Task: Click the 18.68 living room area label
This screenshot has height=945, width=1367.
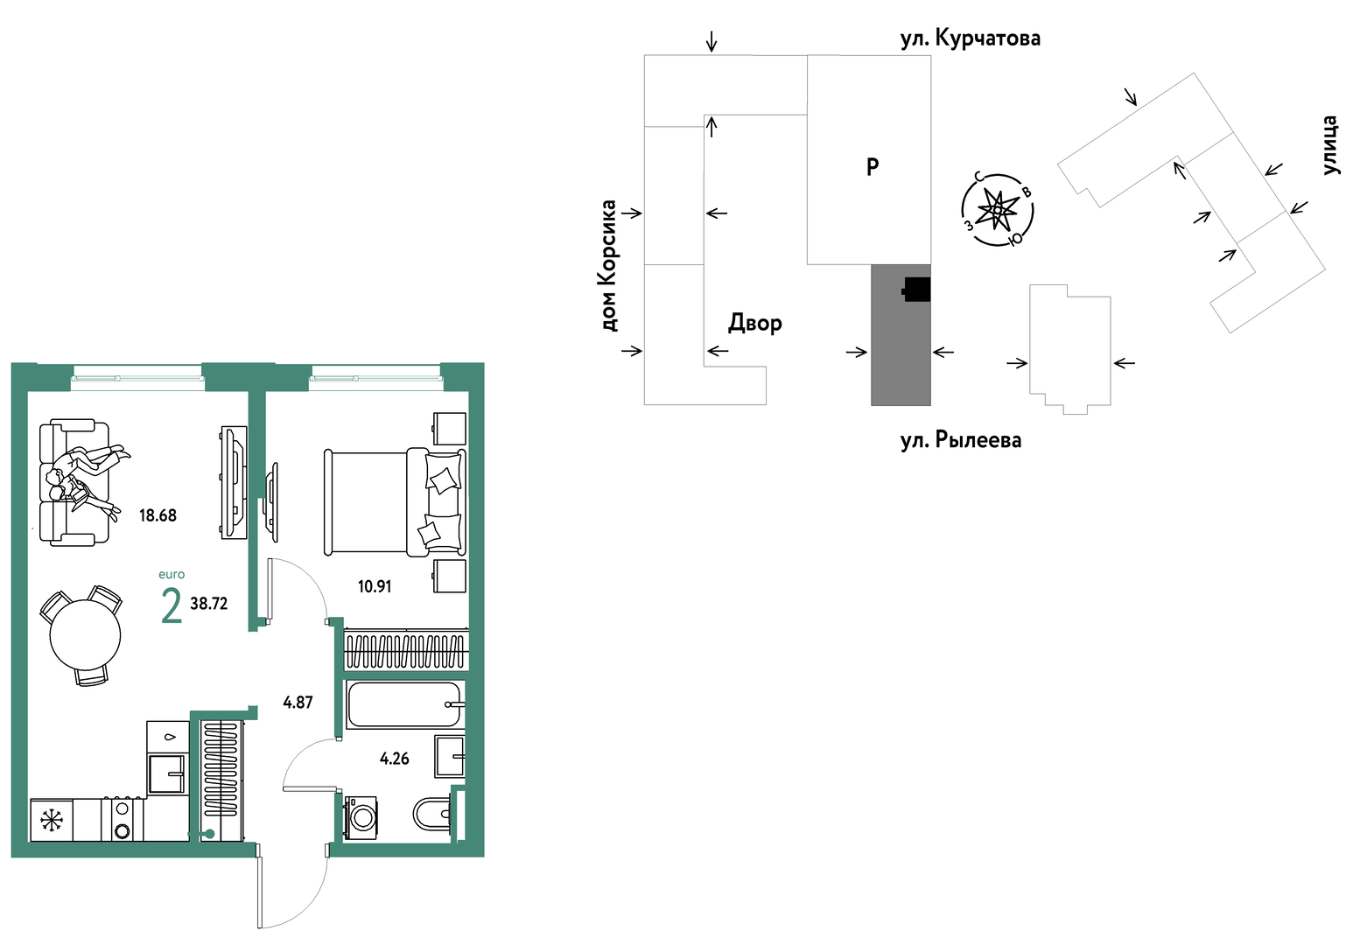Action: tap(158, 515)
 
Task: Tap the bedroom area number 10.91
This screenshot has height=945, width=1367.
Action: tap(375, 586)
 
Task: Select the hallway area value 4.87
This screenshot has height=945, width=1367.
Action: tap(298, 702)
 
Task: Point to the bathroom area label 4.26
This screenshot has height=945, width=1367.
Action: tap(394, 759)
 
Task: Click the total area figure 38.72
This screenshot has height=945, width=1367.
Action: tap(208, 604)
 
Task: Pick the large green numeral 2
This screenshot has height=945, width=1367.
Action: tap(172, 605)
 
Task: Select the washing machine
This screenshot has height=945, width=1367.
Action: tap(361, 817)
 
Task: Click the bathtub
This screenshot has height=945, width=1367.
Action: tap(403, 705)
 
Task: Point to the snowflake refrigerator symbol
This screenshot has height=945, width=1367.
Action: tap(52, 820)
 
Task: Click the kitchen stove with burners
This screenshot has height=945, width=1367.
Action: tap(123, 820)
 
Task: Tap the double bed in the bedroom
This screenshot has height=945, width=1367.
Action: tap(394, 502)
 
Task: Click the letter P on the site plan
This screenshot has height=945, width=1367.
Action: tap(873, 166)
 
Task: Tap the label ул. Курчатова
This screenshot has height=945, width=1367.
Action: tap(971, 38)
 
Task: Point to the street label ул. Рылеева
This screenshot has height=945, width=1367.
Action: tap(961, 440)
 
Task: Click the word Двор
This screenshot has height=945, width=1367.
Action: tap(755, 324)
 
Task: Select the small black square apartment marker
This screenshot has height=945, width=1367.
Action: tap(916, 289)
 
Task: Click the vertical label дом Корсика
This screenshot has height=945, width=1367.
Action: tap(608, 266)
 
